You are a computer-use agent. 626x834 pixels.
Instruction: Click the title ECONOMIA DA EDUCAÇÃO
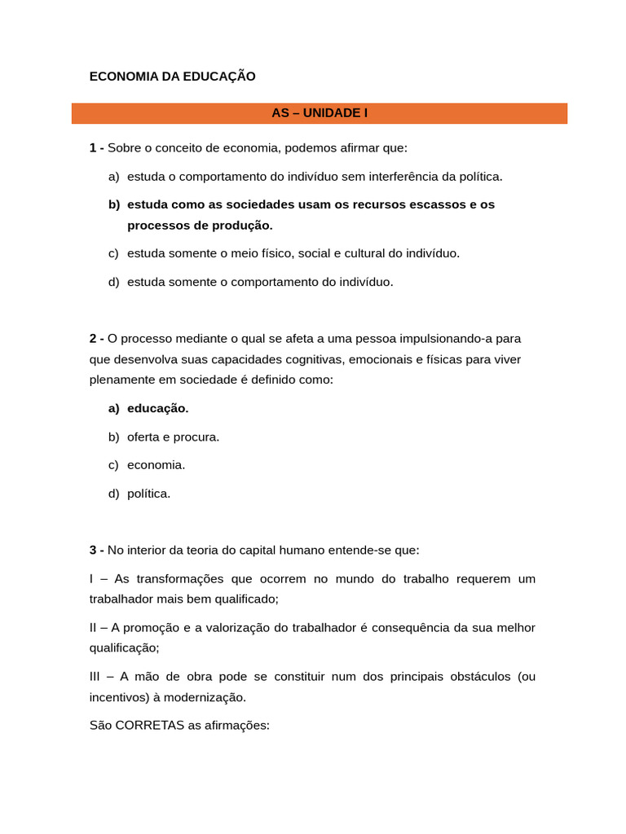pos(172,77)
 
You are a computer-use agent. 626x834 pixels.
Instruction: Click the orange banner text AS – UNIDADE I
pos(320,113)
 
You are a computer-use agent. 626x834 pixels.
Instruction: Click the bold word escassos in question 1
pos(439,204)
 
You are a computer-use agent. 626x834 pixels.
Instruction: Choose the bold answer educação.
pos(158,408)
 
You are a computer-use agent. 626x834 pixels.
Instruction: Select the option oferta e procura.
pos(173,437)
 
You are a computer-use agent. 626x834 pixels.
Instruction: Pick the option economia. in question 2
pos(156,465)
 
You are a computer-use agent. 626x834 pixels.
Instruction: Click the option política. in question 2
pos(148,494)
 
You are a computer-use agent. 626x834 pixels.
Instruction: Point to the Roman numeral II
pos(95,627)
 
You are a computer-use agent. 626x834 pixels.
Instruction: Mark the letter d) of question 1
pos(113,282)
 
